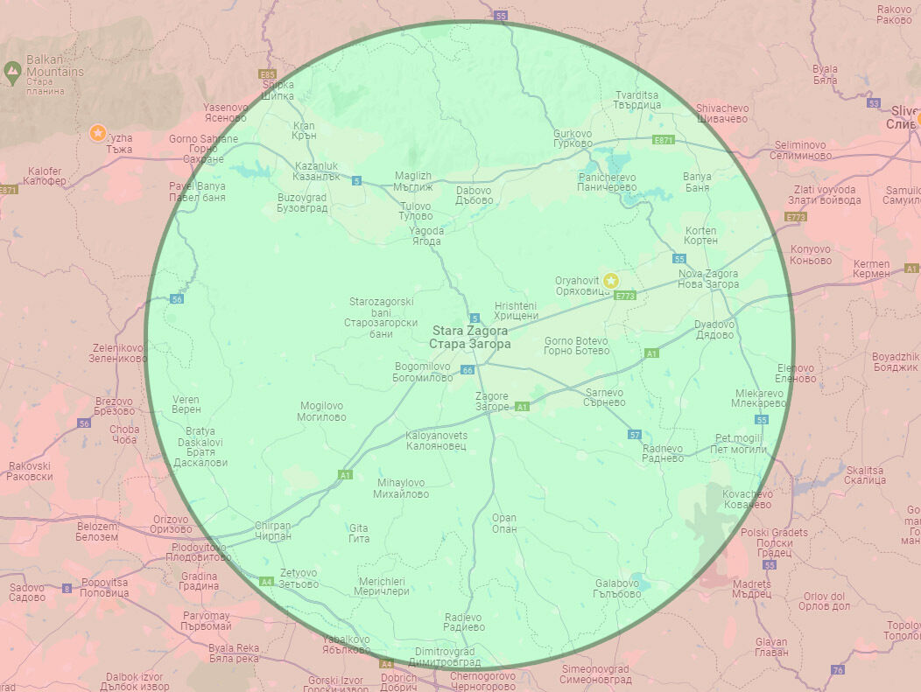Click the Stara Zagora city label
pos(469,338)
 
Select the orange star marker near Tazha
pos(98,133)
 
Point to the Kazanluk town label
pos(317,171)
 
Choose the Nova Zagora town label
pos(708,279)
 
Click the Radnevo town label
pos(662,453)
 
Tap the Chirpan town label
pos(272,531)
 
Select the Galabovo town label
pos(617,588)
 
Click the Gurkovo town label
pos(573,138)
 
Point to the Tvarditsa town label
pos(637,99)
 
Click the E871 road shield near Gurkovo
pos(664,140)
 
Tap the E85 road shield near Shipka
pos(268,74)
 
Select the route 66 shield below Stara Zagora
pos(468,370)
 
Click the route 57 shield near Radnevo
pos(635,435)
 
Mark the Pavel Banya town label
pos(197,192)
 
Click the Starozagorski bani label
pos(381,317)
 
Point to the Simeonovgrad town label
pos(594,675)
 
